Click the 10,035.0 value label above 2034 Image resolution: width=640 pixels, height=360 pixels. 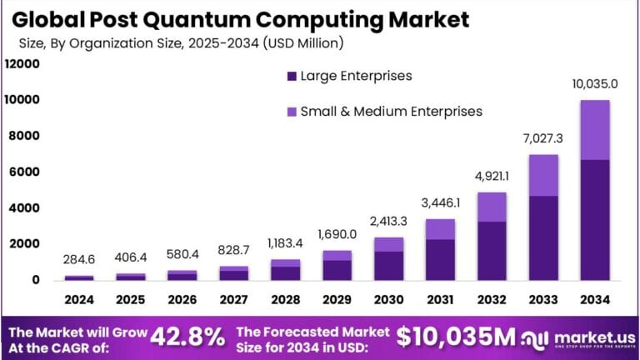595,84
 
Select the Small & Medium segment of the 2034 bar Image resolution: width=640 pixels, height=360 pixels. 595,129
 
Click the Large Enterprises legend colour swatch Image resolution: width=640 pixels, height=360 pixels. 292,76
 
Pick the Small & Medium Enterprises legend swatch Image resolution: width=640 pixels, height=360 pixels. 292,111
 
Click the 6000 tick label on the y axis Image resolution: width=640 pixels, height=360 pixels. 25,172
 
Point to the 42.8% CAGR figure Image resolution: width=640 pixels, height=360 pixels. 187,336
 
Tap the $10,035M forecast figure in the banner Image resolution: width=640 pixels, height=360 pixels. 456,336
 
